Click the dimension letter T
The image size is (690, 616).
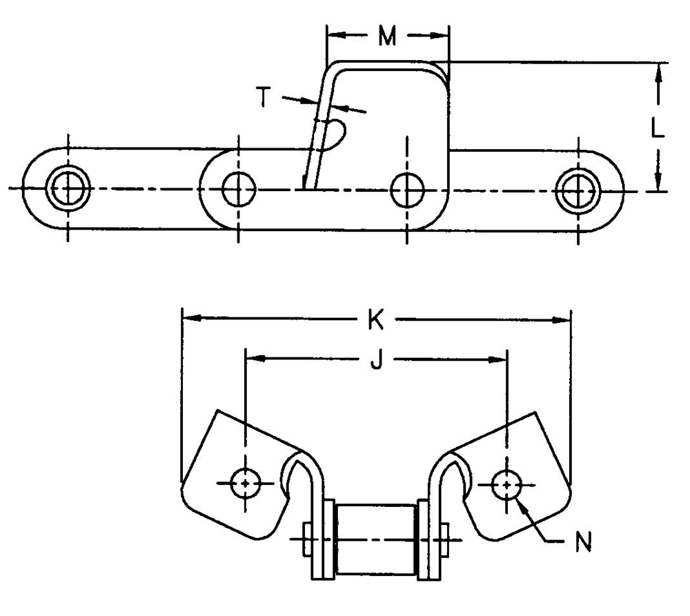coord(263,97)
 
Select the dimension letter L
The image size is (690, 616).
coord(658,128)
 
